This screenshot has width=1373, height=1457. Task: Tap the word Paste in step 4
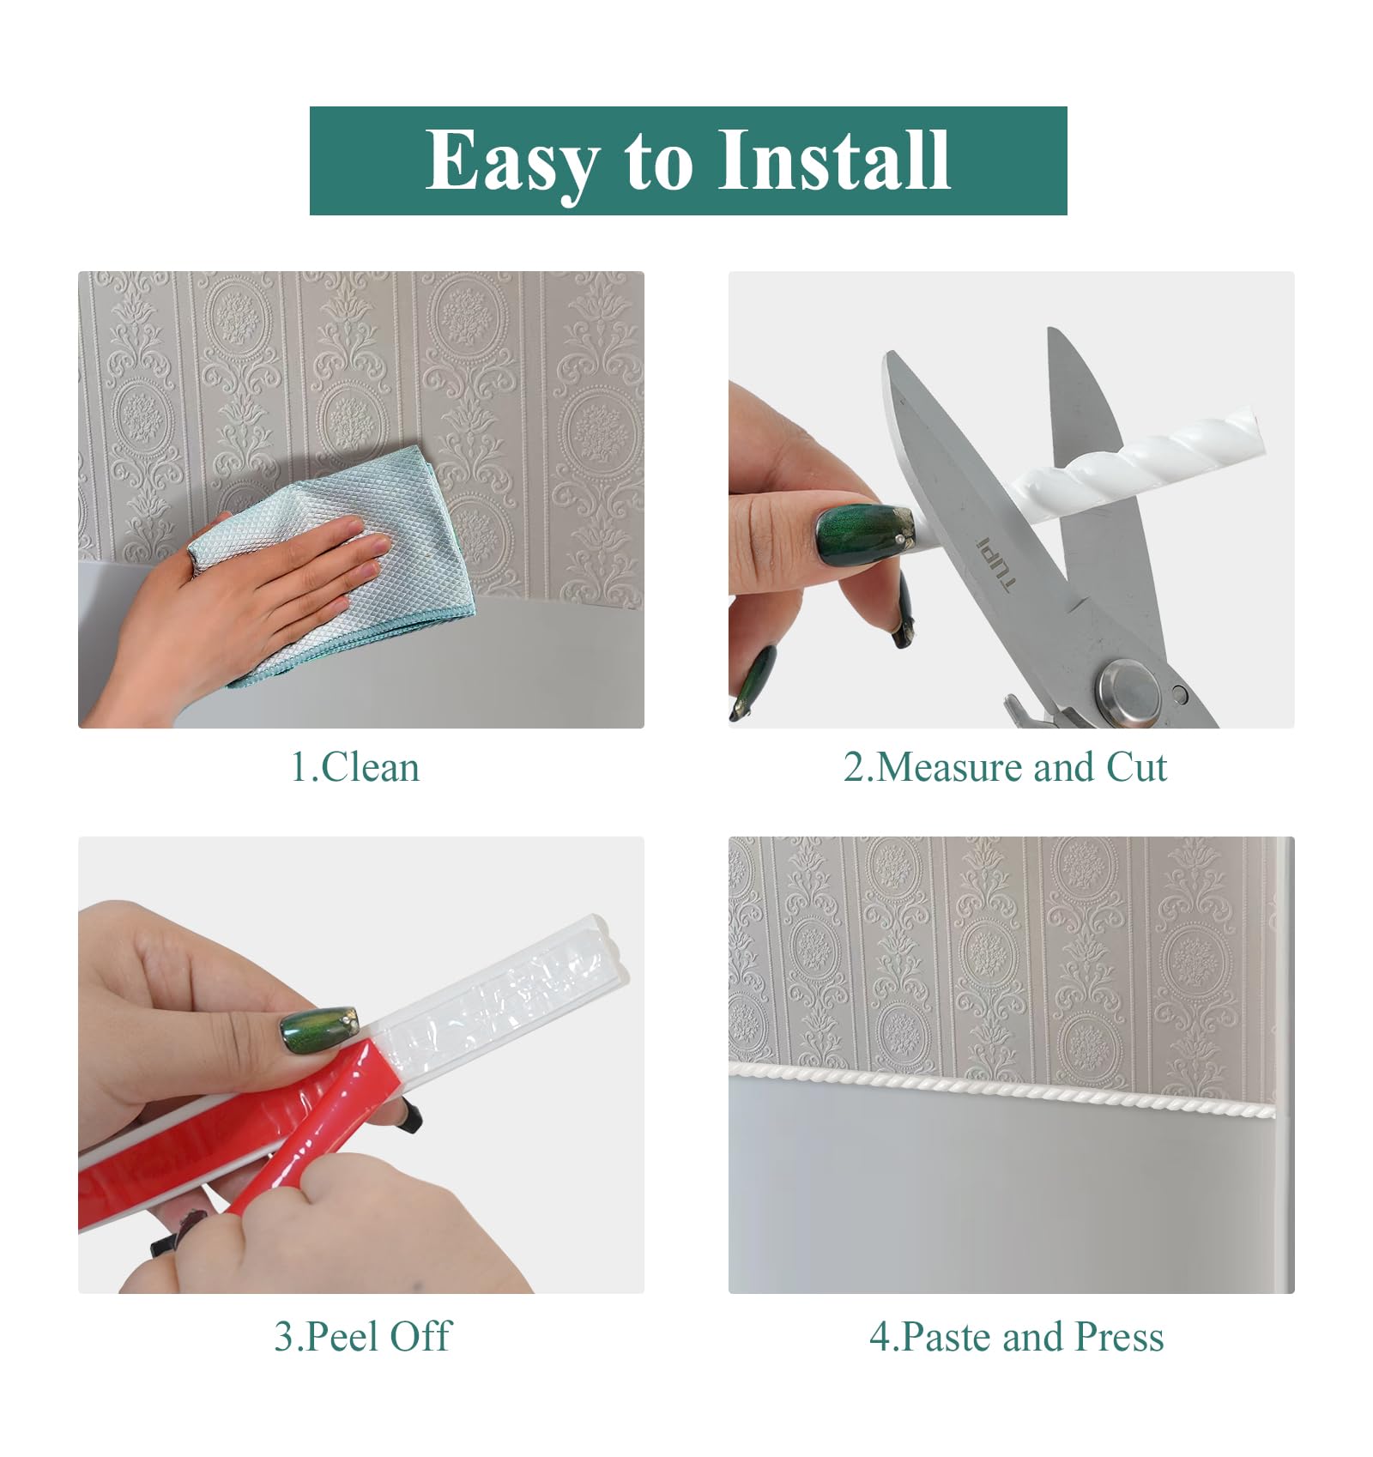click(947, 1336)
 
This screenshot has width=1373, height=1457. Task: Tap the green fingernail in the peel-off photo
click(318, 1023)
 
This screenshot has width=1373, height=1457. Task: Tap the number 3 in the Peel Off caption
click(284, 1337)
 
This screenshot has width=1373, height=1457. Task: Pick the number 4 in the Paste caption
click(880, 1337)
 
